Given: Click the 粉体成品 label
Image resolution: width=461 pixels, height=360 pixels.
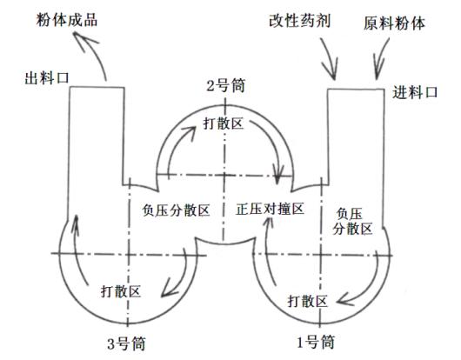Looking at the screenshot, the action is (67, 21).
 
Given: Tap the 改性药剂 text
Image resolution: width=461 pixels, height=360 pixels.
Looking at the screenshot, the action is (300, 21).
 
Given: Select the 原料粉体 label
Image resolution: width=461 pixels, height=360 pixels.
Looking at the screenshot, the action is (394, 23).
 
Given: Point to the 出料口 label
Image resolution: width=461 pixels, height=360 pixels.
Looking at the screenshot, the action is (47, 78).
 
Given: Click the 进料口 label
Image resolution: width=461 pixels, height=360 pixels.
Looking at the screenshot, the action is (415, 92).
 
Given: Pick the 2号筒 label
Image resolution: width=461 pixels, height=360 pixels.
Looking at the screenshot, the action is (226, 86).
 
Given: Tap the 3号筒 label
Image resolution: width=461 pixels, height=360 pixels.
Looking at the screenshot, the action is (126, 343).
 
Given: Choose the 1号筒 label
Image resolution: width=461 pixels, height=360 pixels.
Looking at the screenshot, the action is (315, 342).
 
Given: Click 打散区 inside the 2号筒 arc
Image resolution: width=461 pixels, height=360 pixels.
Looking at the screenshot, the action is (224, 123).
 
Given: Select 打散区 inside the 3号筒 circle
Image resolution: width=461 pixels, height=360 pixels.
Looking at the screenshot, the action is (121, 291).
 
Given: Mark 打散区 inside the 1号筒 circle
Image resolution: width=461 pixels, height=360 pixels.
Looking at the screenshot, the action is (308, 301).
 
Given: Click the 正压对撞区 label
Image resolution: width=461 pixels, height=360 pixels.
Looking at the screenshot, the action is (270, 209).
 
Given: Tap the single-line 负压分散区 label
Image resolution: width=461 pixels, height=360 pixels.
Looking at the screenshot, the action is (176, 210).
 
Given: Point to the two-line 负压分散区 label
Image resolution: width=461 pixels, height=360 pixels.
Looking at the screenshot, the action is (352, 222).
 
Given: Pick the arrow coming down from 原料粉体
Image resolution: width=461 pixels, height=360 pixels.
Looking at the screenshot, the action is (380, 59).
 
